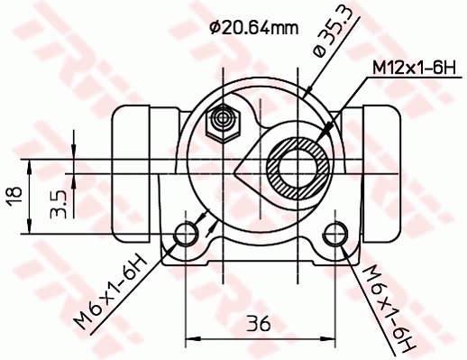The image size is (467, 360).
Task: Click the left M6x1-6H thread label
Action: (110, 293)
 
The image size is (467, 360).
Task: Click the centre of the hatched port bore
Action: (298, 167)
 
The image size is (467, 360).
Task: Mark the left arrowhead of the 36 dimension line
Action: (191, 338)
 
